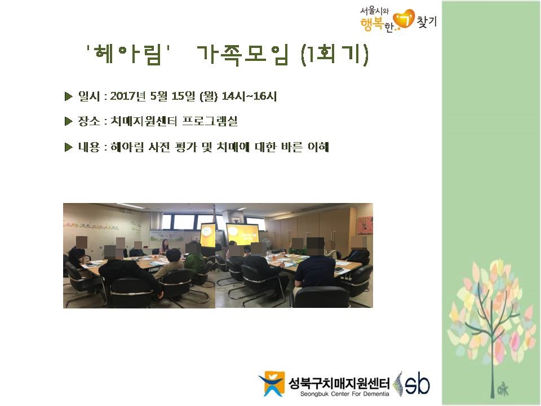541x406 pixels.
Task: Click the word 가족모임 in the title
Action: pyautogui.click(x=243, y=55)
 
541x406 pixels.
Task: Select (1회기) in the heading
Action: pyautogui.click(x=335, y=55)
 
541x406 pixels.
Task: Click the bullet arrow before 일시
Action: pyautogui.click(x=68, y=96)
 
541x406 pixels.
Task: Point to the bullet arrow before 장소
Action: pyautogui.click(x=68, y=121)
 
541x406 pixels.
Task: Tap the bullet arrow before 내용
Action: pyautogui.click(x=68, y=147)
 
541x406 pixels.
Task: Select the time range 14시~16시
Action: pyautogui.click(x=249, y=96)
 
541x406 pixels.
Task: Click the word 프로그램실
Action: pyautogui.click(x=210, y=121)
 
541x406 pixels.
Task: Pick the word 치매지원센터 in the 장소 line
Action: pyautogui.click(x=144, y=121)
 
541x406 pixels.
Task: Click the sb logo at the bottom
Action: pyautogui.click(x=413, y=383)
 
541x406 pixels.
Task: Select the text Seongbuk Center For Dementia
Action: pyautogui.click(x=344, y=394)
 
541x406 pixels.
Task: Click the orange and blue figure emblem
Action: pyautogui.click(x=272, y=383)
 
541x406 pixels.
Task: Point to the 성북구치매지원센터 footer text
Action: pyautogui.click(x=339, y=383)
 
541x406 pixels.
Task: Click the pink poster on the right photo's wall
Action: pyautogui.click(x=365, y=226)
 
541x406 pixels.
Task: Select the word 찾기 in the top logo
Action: pyautogui.click(x=427, y=22)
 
